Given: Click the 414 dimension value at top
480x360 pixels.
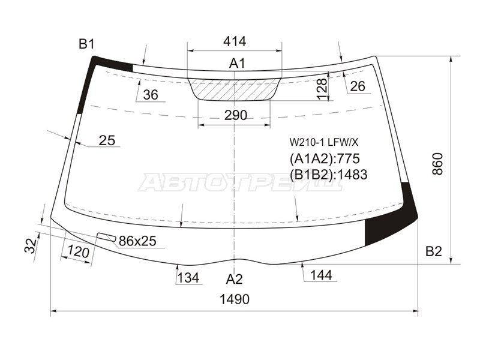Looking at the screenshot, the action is [235, 41].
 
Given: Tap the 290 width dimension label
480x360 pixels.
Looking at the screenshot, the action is [235, 115].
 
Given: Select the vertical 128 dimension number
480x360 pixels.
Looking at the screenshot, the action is [322, 89].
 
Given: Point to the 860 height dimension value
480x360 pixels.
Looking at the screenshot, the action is [438, 163].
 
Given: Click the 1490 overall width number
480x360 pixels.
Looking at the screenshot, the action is [235, 299].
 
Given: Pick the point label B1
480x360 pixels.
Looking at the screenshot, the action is [86, 44].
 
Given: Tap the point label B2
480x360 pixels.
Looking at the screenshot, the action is [434, 251].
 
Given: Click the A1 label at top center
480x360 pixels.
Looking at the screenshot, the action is [237, 64].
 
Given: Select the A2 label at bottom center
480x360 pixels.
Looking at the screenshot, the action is [234, 279].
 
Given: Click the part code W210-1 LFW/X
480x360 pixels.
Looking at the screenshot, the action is [324, 142].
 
